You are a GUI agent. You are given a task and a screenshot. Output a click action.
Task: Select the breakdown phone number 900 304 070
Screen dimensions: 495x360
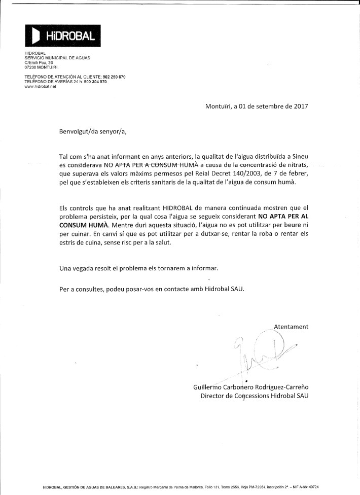click(95, 81)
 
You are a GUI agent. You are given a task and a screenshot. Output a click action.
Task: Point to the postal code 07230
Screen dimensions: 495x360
click(30, 67)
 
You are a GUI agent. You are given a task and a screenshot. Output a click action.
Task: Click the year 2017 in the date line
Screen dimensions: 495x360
click(300, 107)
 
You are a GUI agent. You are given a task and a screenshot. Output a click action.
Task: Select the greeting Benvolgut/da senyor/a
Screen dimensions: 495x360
click(93, 132)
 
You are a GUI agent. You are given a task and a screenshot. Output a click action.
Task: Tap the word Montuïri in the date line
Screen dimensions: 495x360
click(218, 107)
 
